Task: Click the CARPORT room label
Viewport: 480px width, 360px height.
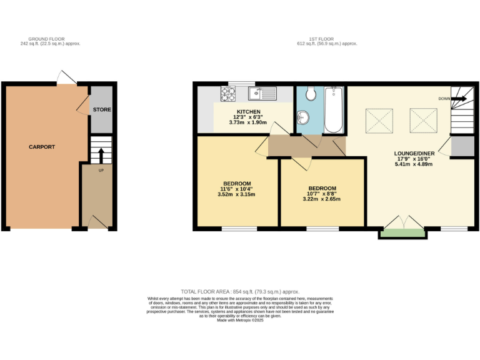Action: (x=42, y=147)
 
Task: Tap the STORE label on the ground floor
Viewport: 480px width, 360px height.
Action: (x=102, y=110)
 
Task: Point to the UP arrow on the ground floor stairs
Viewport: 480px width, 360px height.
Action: (x=100, y=169)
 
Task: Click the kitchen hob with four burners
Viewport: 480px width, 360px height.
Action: (x=228, y=94)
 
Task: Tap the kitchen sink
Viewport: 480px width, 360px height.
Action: (x=262, y=94)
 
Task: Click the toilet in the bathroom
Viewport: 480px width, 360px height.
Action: (x=311, y=94)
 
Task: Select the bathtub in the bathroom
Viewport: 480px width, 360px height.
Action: (x=334, y=110)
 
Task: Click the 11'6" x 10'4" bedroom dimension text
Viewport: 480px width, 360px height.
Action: (x=234, y=189)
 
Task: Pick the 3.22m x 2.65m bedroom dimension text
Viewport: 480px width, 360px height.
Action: (x=322, y=199)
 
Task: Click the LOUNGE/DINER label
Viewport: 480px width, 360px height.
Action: (x=414, y=152)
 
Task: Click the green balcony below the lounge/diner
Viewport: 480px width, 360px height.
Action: (x=403, y=234)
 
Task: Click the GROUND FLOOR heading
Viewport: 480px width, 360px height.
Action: (x=51, y=39)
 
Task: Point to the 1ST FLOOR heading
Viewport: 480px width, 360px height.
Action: (x=328, y=39)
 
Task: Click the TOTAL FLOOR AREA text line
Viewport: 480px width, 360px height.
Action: (x=240, y=292)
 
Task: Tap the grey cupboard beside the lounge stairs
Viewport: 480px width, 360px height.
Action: (x=462, y=146)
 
